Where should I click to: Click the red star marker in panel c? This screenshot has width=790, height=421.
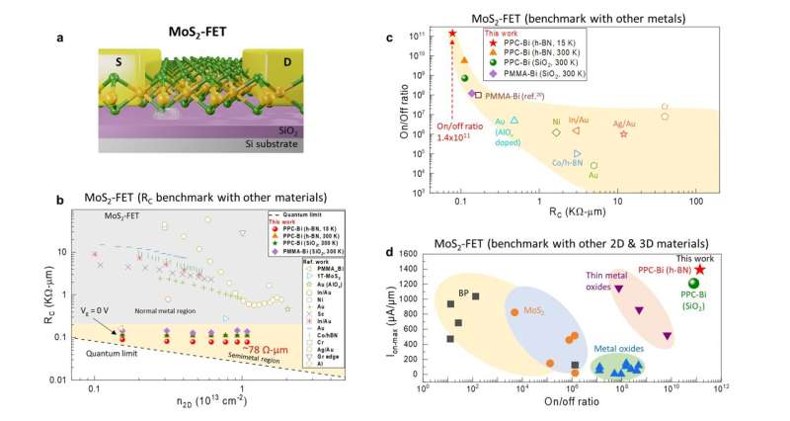(452, 34)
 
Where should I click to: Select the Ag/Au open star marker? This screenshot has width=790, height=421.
(624, 133)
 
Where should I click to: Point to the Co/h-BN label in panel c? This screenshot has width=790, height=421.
(565, 163)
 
